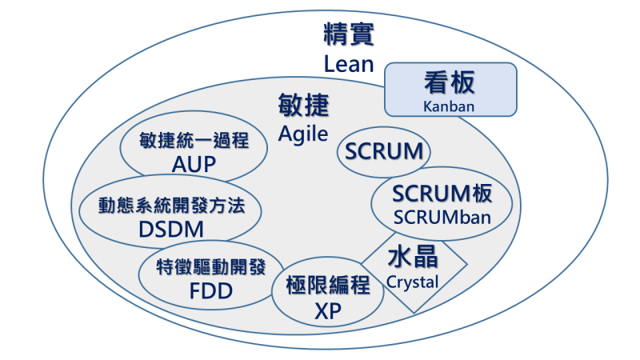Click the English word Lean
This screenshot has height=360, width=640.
point(350,63)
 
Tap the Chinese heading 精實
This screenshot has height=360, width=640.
point(350,35)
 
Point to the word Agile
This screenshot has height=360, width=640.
point(303,134)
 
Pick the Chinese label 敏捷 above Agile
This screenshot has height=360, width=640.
point(303,107)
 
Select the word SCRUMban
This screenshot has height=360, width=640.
point(442,216)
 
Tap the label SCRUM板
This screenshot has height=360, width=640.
point(442,194)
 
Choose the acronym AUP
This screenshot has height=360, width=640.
point(194,165)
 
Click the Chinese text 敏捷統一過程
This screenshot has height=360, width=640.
point(194,142)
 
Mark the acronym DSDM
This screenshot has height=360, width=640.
point(171,229)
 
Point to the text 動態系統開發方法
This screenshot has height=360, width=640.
point(171,205)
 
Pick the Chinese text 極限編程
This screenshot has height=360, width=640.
point(328,286)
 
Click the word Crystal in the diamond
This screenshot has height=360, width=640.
point(413,282)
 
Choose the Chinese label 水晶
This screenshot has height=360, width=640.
point(413,258)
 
